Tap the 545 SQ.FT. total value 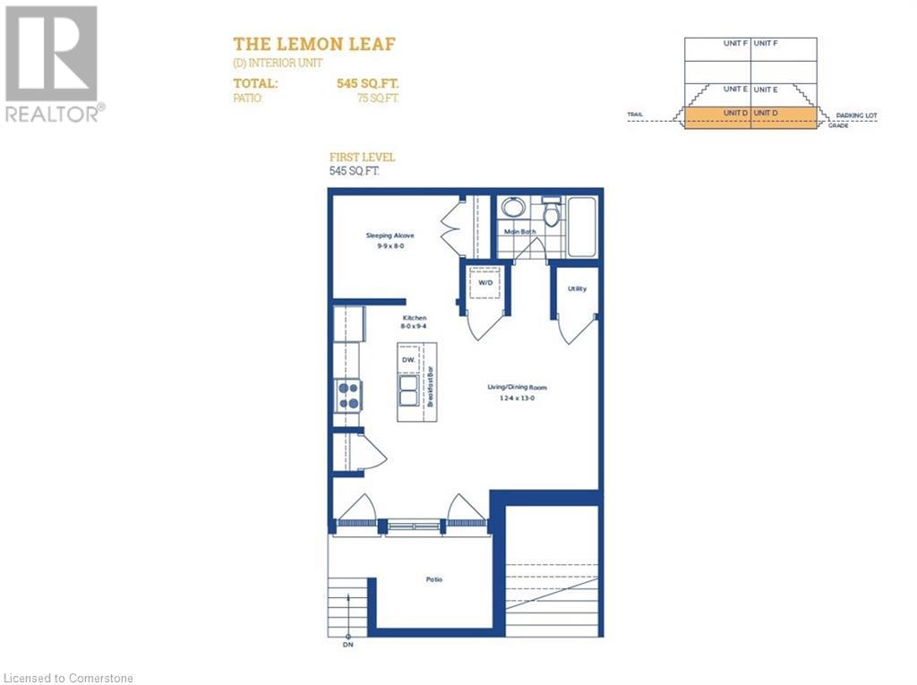[367, 83]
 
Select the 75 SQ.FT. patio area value [378, 98]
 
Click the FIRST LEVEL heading [363, 158]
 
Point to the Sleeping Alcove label [390, 235]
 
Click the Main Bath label [518, 232]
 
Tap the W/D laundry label [485, 282]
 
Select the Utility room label [577, 288]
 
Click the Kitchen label [414, 318]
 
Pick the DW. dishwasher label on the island [408, 359]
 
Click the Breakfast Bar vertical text [430, 387]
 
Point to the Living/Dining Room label [517, 388]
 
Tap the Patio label [433, 579]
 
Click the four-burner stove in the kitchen [348, 395]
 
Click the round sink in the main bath [512, 208]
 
